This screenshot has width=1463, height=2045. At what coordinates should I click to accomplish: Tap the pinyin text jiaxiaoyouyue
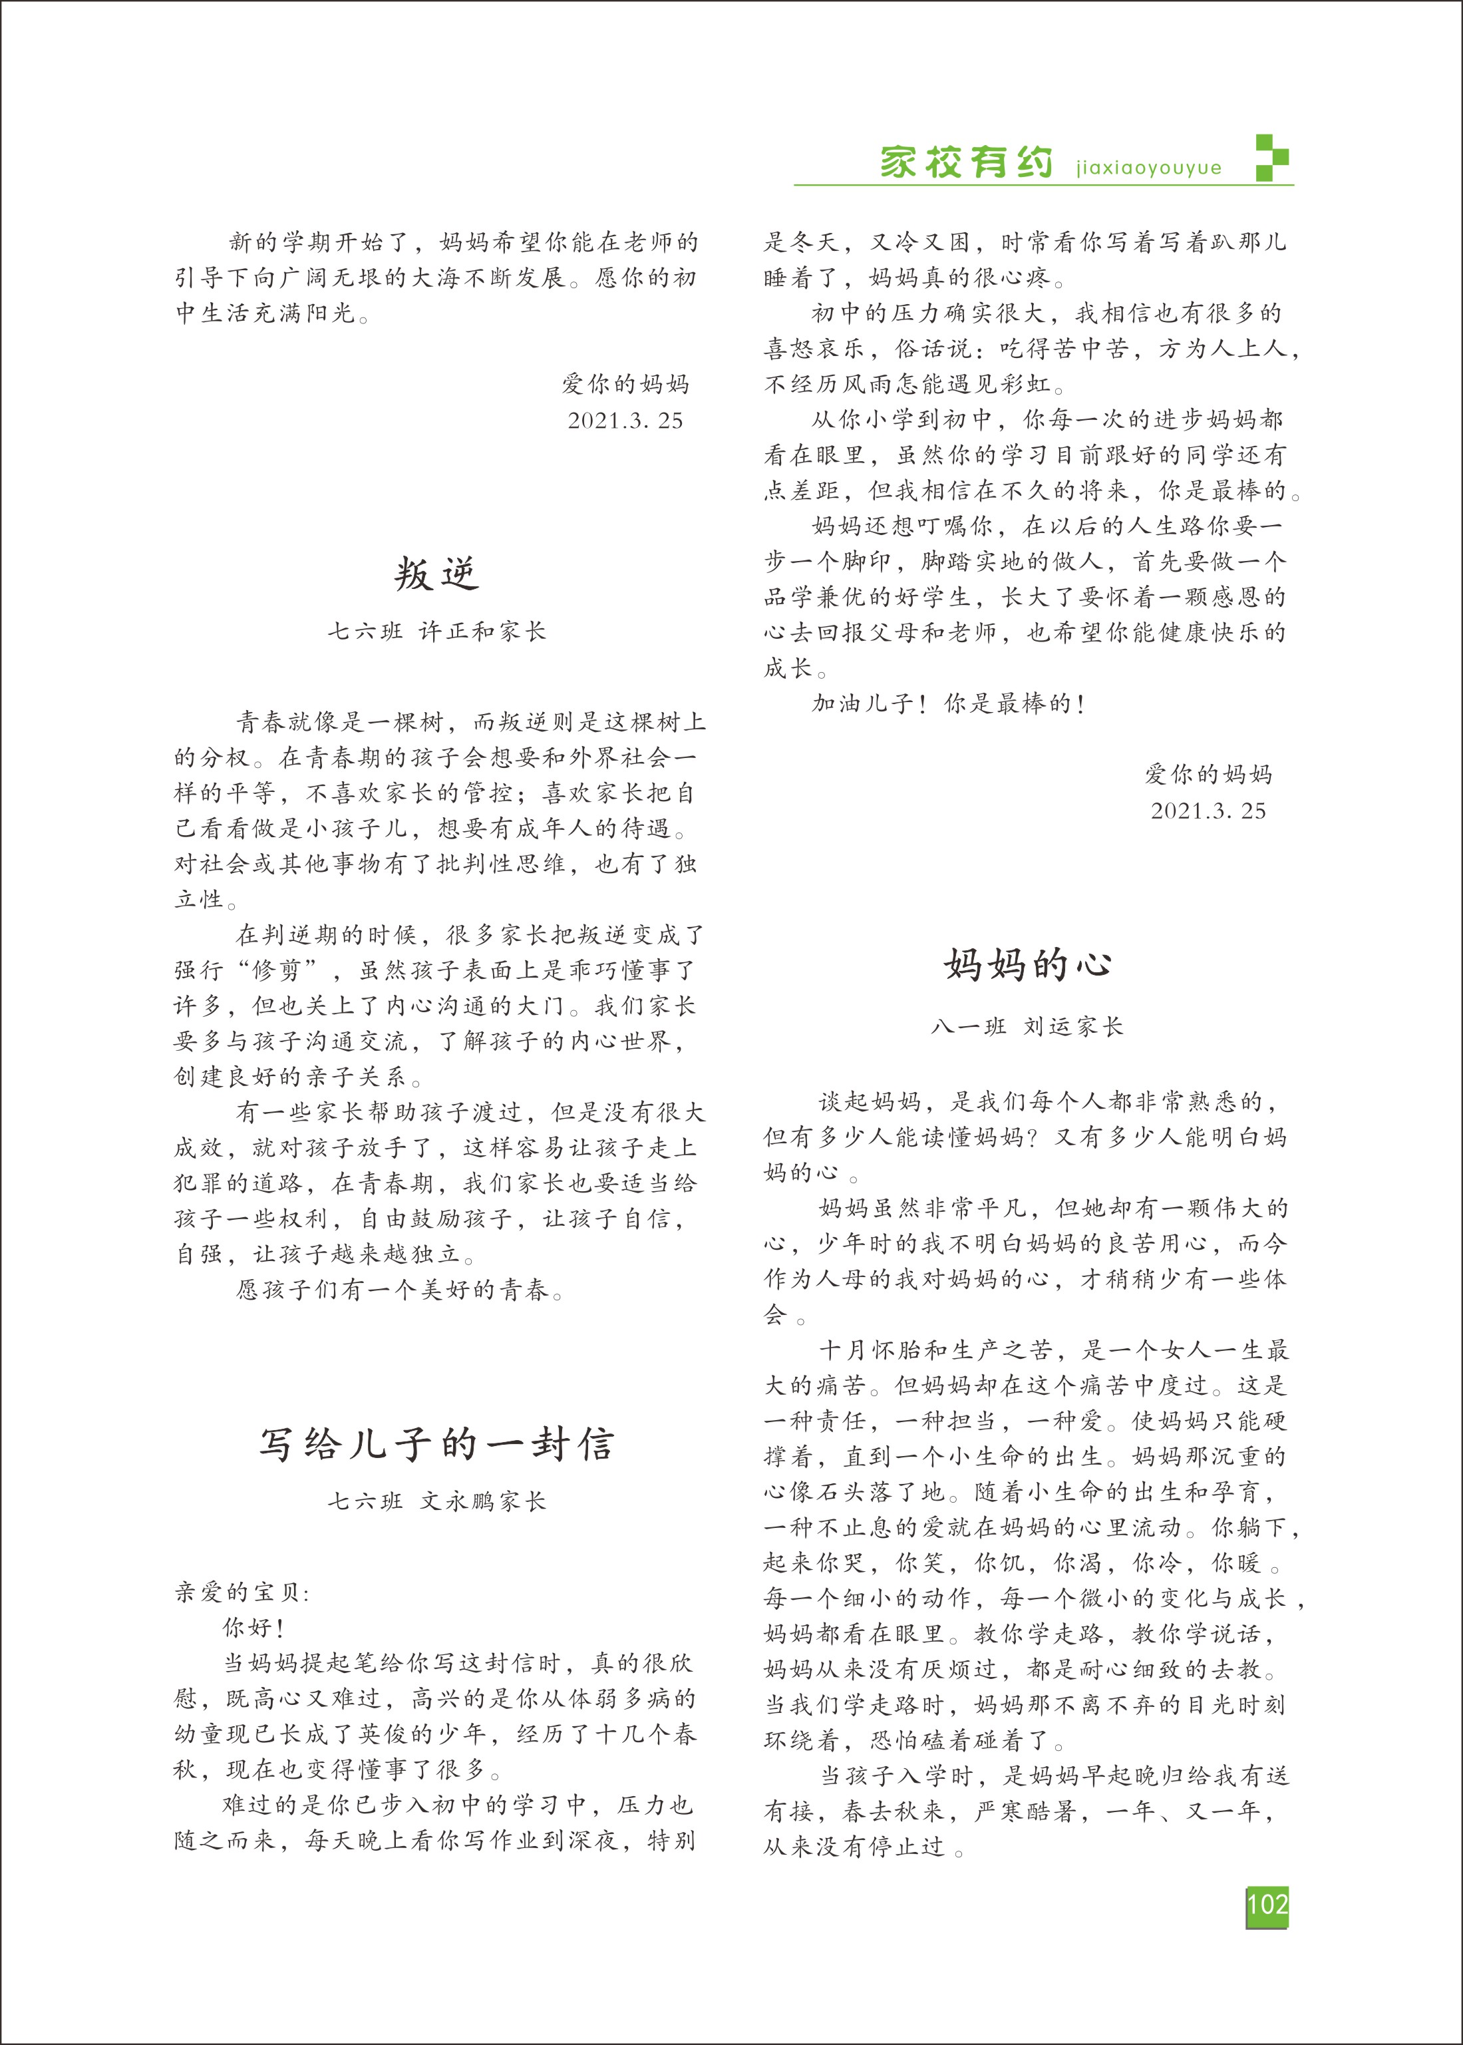pyautogui.click(x=1148, y=168)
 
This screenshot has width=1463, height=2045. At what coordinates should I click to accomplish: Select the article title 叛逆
pyautogui.click(x=437, y=574)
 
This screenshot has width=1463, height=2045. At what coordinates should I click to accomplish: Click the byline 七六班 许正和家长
pyautogui.click(x=437, y=632)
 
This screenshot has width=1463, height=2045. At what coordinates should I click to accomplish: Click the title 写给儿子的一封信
pyautogui.click(x=437, y=1444)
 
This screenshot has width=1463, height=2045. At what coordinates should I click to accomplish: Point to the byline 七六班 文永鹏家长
pyautogui.click(x=437, y=1501)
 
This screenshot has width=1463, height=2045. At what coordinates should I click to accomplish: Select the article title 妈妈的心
pyautogui.click(x=1028, y=965)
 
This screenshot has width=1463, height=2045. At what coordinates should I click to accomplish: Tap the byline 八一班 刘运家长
pyautogui.click(x=1028, y=1026)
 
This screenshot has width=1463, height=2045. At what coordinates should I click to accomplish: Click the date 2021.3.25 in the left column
pyautogui.click(x=625, y=421)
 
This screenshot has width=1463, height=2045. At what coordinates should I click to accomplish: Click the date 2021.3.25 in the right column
pyautogui.click(x=1208, y=811)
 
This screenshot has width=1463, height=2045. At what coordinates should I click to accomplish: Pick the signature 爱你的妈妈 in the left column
pyautogui.click(x=625, y=385)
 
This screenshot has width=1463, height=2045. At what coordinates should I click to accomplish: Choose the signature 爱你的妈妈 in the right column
pyautogui.click(x=1208, y=774)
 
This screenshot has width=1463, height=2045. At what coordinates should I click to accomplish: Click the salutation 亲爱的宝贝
pyautogui.click(x=242, y=1592)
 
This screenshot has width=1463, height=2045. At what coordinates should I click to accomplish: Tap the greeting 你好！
pyautogui.click(x=254, y=1628)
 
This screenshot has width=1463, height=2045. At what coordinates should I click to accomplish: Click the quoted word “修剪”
pyautogui.click(x=277, y=970)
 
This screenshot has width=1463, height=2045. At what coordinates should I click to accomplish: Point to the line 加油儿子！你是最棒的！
pyautogui.click(x=949, y=703)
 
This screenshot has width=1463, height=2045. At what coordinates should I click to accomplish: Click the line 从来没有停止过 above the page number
pyautogui.click(x=863, y=1846)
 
